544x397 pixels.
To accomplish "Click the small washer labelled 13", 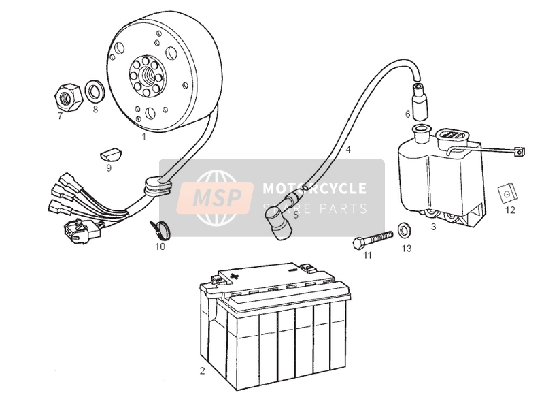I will [403, 227].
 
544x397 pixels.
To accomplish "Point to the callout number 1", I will [144, 136].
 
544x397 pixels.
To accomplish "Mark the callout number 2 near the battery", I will [201, 371].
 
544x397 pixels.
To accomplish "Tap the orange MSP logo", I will [218, 197].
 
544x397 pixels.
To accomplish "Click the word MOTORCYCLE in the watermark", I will [314, 189].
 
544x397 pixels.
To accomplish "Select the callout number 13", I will [406, 249].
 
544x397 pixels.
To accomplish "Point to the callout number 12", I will [509, 210].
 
